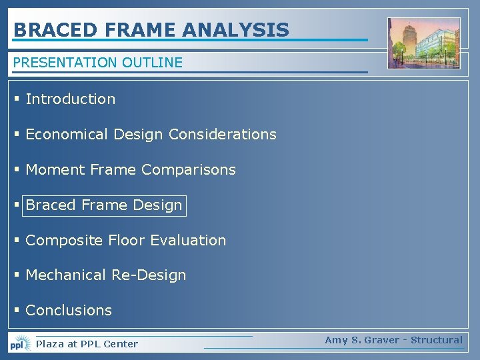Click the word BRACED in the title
pos(46,30)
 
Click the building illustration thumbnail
pos(423,43)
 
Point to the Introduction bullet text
pos(70,99)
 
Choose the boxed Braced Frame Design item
pos(103,205)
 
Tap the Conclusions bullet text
pos(69,310)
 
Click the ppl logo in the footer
pos(19,344)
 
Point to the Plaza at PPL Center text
pos(87,344)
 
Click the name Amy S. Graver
pos(363,340)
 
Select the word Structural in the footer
pos(436,340)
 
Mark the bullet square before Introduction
pos(17,99)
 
